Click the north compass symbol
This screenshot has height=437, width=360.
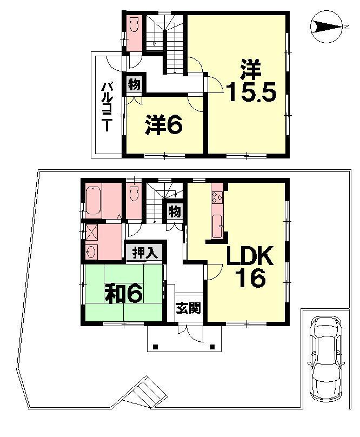pos(326,26)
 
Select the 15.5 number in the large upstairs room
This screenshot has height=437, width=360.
pos(251,92)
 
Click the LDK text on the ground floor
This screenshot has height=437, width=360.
pos(251,256)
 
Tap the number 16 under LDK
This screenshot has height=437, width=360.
pos(250,279)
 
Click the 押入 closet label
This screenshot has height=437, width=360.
pos(144,251)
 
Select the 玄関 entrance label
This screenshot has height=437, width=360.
pos(188,309)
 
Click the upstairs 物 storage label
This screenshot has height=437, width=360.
pos(135,84)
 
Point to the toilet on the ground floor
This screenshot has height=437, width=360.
pos(134,193)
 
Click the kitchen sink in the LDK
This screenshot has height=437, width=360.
pos(217,223)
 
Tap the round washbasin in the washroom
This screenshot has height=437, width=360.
pos(90,251)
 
